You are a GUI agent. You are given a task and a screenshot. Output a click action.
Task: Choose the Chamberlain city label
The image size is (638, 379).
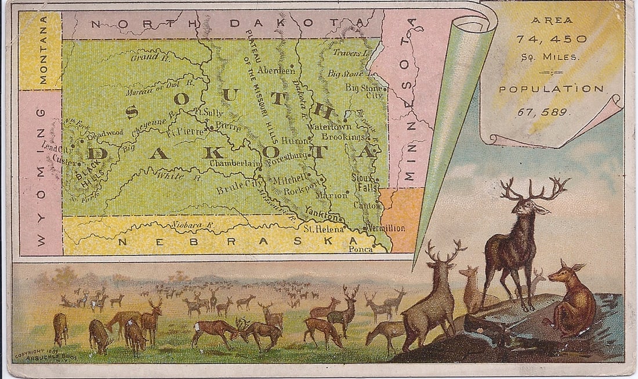235,164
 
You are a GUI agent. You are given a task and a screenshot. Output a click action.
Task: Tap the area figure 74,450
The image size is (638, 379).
551,39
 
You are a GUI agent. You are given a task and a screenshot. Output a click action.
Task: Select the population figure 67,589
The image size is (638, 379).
551,112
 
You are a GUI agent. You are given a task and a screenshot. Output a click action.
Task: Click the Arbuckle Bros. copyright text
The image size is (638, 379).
43,355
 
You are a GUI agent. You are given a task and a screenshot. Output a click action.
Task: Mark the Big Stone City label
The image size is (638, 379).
365,91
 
